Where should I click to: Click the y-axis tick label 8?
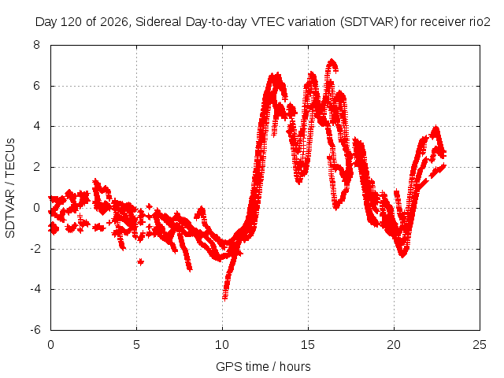pyautogui.click(x=37, y=45)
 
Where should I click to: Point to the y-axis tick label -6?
pyautogui.click(x=35, y=330)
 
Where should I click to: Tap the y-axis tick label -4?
pyautogui.click(x=35, y=289)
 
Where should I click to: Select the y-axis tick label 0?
pyautogui.click(x=37, y=208)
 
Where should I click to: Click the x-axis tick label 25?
pyautogui.click(x=480, y=345)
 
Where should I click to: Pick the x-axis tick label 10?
pyautogui.click(x=222, y=345)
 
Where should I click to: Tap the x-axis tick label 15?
pyautogui.click(x=308, y=345)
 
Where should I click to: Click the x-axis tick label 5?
pyautogui.click(x=136, y=345)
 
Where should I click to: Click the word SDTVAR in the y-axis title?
pyautogui.click(x=10, y=213)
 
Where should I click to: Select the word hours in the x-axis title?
pyautogui.click(x=295, y=366)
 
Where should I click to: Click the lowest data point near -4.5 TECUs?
pyautogui.click(x=224, y=298)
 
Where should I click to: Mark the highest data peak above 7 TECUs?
pyautogui.click(x=332, y=61)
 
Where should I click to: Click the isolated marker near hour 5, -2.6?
pyautogui.click(x=140, y=262)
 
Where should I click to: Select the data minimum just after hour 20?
pyautogui.click(x=402, y=255)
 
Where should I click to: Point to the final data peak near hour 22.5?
pyautogui.click(x=435, y=128)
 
